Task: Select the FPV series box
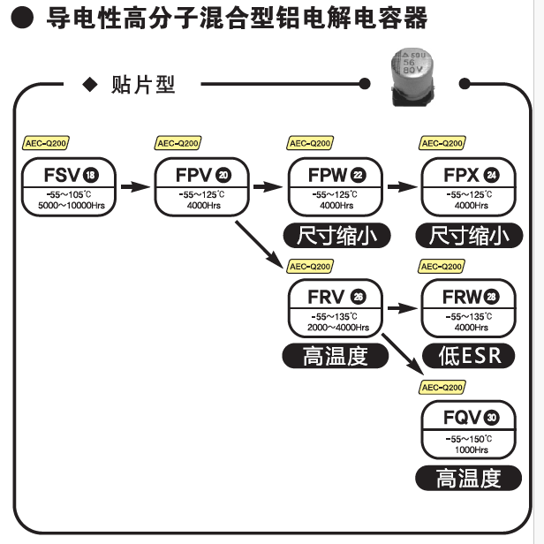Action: (201, 186)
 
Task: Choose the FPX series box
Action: (469, 186)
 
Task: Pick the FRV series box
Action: (336, 307)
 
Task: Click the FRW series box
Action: (469, 307)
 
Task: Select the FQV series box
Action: (469, 430)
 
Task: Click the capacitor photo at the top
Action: (413, 77)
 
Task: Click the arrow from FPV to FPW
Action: (268, 187)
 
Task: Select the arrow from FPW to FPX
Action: (402, 187)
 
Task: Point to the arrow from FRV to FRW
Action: (402, 308)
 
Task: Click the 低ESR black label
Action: (469, 356)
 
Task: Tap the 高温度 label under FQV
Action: (469, 478)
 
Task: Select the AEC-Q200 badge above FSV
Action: (45, 144)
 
